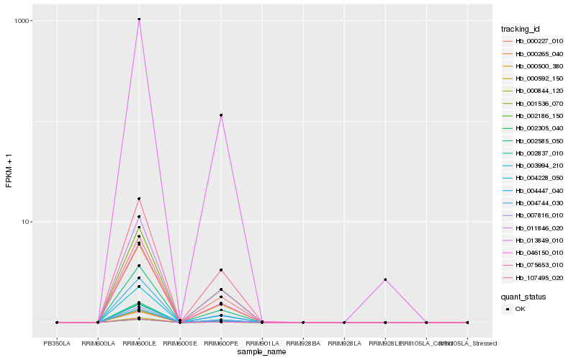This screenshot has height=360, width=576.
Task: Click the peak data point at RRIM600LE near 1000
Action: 139,19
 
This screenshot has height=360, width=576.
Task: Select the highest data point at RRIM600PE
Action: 221,115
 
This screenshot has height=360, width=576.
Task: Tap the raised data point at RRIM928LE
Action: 385,279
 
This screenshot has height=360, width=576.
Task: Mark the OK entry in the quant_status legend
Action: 520,308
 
